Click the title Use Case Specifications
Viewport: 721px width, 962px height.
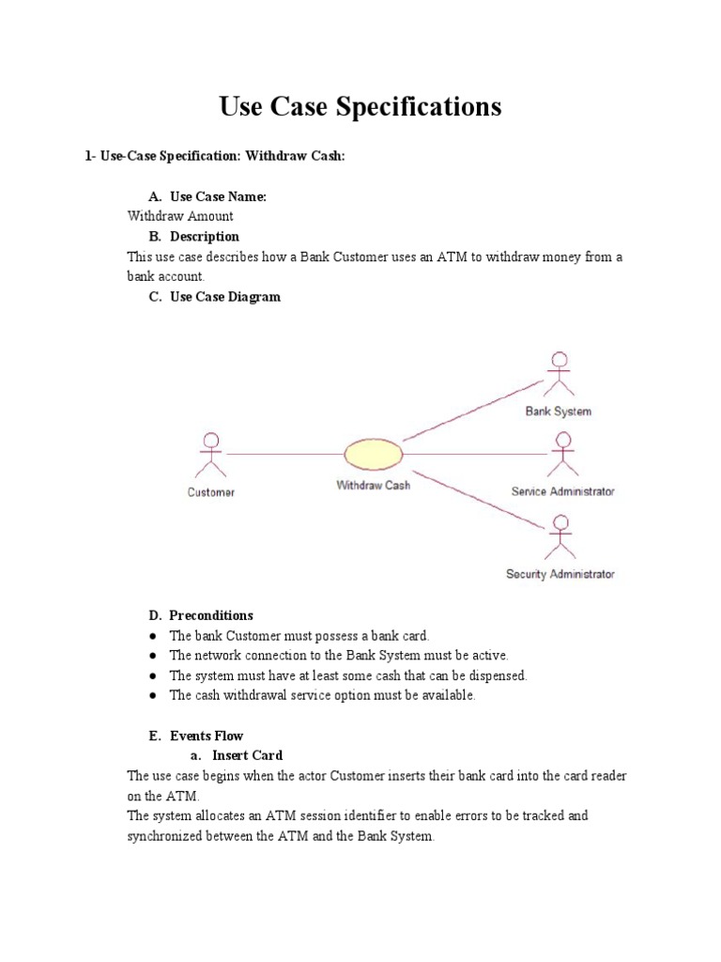[x=360, y=106]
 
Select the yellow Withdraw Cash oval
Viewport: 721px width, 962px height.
[x=374, y=455]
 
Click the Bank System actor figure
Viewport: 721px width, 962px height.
[x=560, y=373]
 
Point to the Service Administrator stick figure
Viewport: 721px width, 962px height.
[x=562, y=454]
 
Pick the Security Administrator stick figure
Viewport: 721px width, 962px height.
[x=560, y=535]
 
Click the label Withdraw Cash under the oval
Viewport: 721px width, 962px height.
[x=373, y=486]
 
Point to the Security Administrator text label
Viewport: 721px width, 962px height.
[x=560, y=574]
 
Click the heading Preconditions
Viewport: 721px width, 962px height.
[x=211, y=615]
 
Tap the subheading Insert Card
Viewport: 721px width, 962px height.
[x=247, y=755]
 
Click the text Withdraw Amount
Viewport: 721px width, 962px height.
[x=180, y=216]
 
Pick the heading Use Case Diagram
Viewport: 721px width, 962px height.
[x=224, y=297]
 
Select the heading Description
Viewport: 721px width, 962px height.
[x=204, y=236]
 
